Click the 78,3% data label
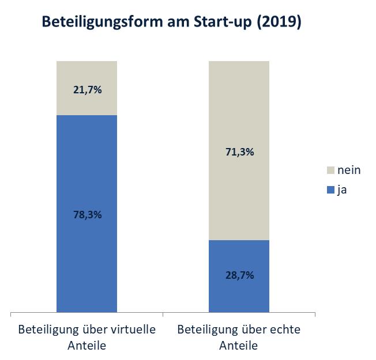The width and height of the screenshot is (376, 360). point(87,214)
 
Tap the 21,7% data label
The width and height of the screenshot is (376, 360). point(87,89)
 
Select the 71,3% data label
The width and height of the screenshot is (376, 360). point(239,152)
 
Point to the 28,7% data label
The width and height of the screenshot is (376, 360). point(239,275)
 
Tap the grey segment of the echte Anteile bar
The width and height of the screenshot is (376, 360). point(239,104)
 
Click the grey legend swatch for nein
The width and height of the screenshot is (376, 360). point(330,170)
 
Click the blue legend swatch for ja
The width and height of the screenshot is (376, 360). point(330,190)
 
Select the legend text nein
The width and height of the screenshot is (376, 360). point(349,170)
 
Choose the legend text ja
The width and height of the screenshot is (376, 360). point(342,190)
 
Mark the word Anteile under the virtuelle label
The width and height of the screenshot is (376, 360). point(87,346)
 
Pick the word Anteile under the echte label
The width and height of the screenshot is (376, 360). point(238,346)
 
